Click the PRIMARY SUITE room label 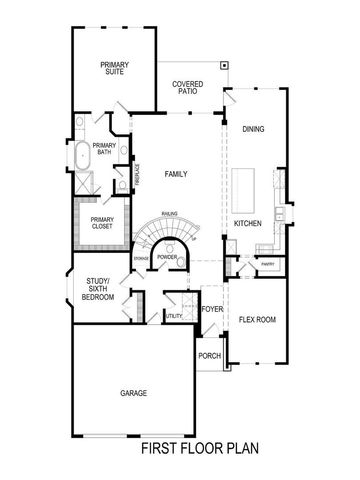114,68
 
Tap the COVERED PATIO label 188,87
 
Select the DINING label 252,128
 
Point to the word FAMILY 176,175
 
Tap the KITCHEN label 247,224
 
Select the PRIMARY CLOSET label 101,223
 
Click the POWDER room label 167,257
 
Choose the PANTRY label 267,265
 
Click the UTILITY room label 174,316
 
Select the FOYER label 211,309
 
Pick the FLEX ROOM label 257,320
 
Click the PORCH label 209,356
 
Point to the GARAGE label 133,393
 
